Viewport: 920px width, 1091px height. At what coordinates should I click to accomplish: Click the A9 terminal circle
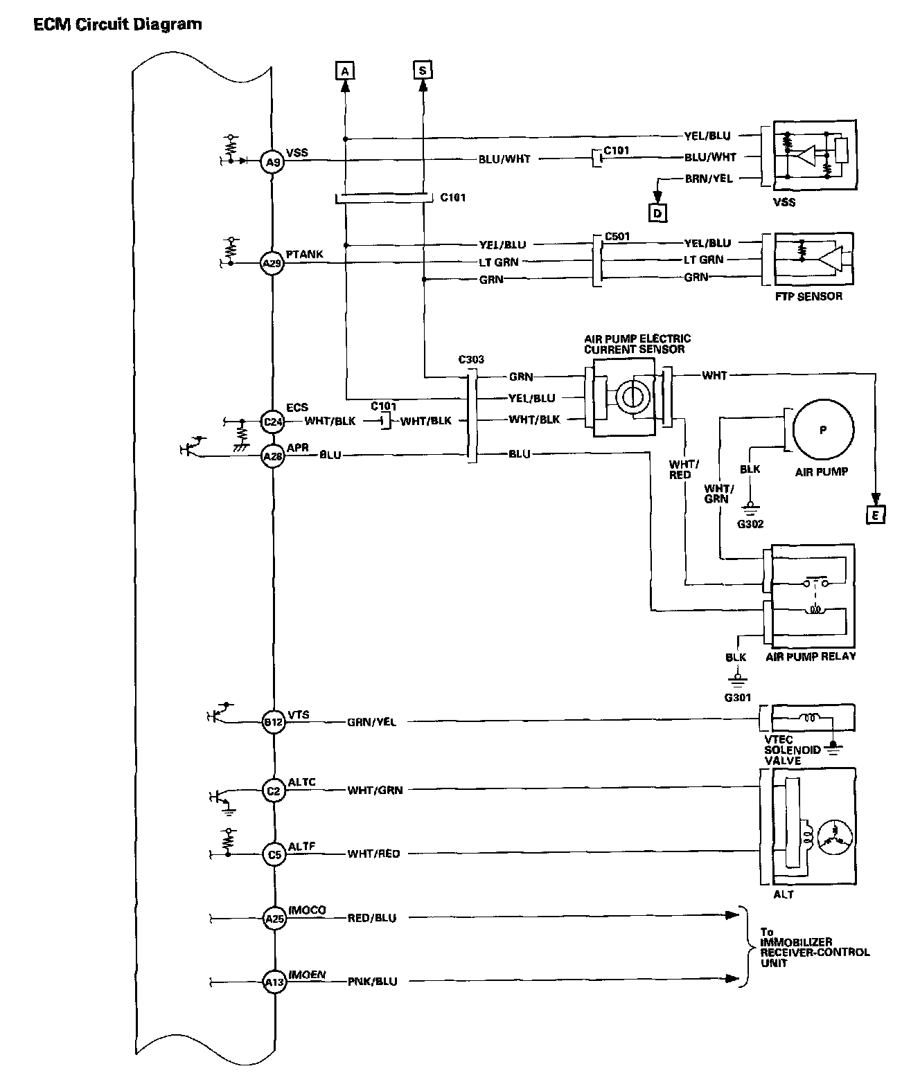tap(274, 163)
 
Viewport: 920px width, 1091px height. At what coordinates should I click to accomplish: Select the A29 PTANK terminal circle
tap(274, 264)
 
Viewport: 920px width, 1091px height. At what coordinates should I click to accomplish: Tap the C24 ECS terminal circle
tap(274, 422)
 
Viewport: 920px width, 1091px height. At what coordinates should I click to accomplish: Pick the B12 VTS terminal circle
tap(274, 723)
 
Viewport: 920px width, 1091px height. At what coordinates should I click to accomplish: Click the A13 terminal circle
tap(274, 981)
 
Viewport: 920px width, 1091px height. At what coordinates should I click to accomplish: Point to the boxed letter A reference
tap(344, 70)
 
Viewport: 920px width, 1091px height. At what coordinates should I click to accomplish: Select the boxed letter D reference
tap(657, 213)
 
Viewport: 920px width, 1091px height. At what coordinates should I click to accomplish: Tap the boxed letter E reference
tap(876, 514)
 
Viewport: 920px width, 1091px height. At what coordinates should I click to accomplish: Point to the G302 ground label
tap(750, 524)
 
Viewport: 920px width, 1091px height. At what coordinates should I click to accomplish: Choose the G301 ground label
tap(738, 697)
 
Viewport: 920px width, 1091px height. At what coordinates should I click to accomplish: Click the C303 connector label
tap(471, 360)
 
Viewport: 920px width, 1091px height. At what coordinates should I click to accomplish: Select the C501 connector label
tap(617, 236)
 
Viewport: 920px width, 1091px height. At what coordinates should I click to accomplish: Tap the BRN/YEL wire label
tap(708, 179)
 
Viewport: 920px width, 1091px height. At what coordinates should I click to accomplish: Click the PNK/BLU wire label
tap(372, 981)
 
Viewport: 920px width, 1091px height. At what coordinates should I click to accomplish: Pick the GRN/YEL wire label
tap(372, 723)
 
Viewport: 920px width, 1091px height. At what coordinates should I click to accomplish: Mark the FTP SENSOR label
tap(808, 296)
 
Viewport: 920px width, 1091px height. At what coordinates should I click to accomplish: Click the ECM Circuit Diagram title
tap(118, 25)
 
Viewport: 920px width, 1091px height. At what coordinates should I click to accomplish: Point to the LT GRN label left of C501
tap(499, 262)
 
